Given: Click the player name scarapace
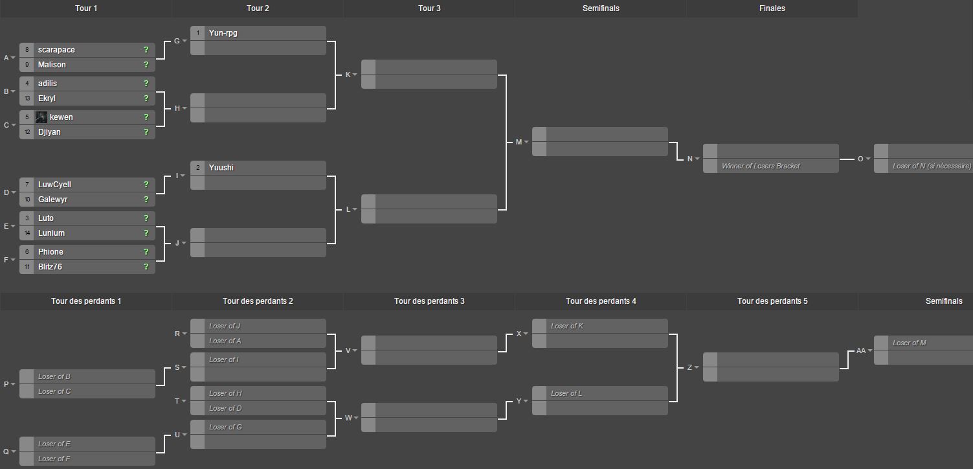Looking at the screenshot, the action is click(56, 50).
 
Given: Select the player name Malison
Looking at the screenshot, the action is click(52, 65).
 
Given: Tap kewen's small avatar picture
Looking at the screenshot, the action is click(41, 117).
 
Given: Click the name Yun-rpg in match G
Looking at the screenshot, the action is click(223, 33).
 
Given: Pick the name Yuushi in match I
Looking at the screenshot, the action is click(221, 168).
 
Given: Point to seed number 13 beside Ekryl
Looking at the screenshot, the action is click(27, 98).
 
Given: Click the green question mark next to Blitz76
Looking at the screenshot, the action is click(146, 266).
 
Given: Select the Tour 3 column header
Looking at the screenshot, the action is click(429, 8).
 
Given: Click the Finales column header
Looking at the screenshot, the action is click(772, 8).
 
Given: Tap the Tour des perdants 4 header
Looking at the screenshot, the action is click(601, 301).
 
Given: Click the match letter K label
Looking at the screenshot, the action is click(348, 74).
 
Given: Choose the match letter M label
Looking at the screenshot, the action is click(519, 142).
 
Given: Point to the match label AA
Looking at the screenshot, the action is click(861, 350).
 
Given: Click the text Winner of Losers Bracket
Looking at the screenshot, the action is click(761, 166).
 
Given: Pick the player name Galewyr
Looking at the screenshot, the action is click(52, 200).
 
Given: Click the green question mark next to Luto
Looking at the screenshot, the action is click(146, 218).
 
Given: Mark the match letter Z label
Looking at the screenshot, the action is click(689, 368).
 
